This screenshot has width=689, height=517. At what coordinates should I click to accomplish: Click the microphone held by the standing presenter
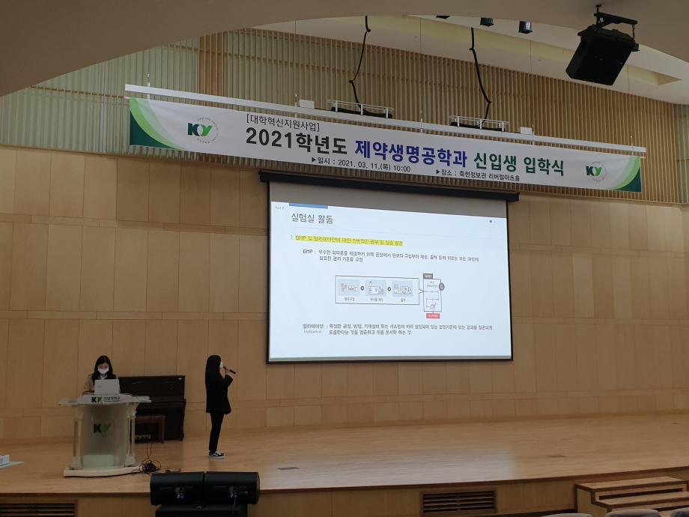230,370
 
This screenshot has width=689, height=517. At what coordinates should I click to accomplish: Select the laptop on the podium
106,387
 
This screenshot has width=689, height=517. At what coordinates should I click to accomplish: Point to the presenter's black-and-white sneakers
216,454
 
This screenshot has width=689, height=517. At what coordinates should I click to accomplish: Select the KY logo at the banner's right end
595,170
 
